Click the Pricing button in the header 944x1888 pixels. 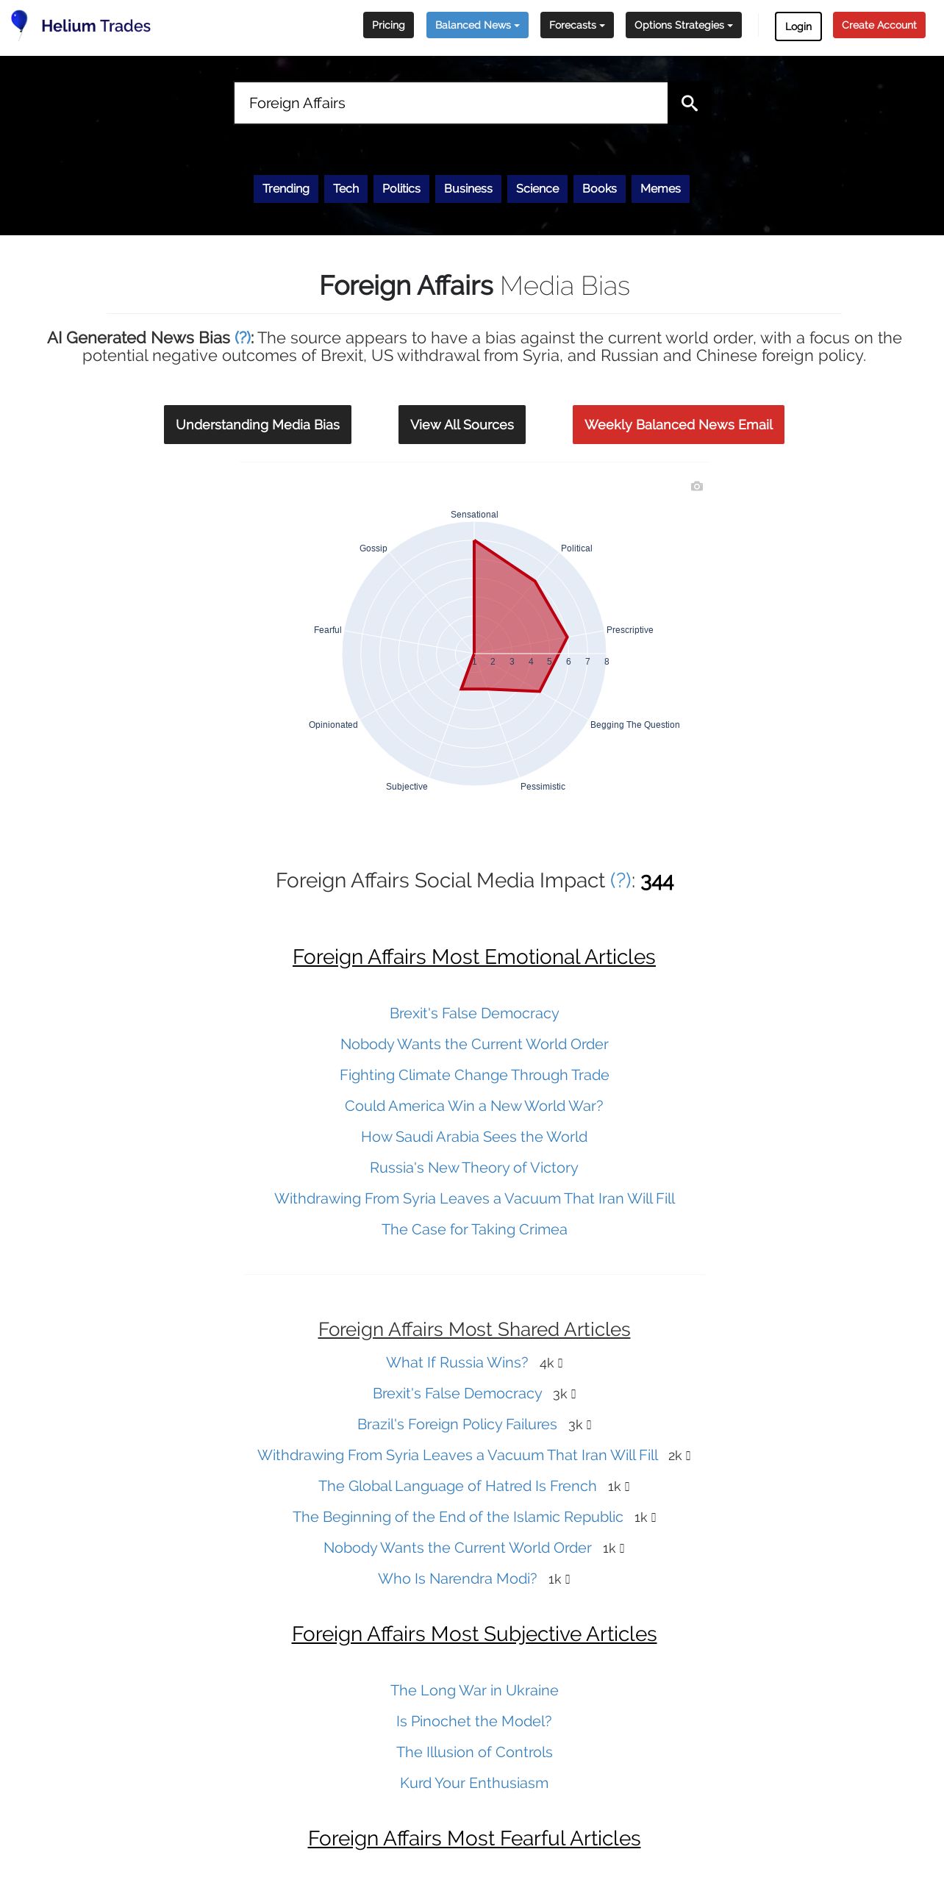coord(388,25)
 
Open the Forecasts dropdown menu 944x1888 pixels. coord(576,25)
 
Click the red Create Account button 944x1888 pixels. coord(879,25)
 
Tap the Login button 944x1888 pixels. coord(798,26)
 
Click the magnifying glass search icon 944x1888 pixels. coord(689,103)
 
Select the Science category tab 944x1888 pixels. coord(537,188)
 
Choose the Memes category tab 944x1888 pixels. coord(659,188)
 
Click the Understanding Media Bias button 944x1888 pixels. coord(257,424)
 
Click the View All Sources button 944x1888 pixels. coord(462,424)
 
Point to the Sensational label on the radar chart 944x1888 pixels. coord(474,515)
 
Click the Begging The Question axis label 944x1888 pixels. coord(634,725)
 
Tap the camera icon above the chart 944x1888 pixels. coord(697,486)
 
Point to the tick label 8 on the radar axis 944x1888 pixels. coord(607,662)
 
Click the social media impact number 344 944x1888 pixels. coord(657,882)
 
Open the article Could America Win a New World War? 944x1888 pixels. coord(473,1106)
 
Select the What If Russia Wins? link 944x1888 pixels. coord(457,1362)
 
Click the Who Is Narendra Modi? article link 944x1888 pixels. coord(457,1578)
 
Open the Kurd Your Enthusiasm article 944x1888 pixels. coord(473,1783)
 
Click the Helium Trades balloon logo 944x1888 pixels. coord(20,24)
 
